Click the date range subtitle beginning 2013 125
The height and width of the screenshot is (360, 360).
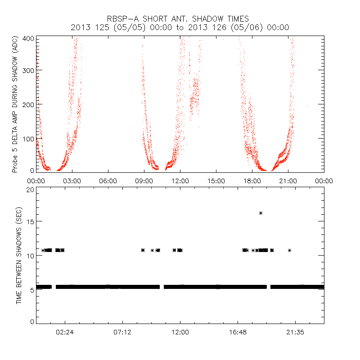click(180, 27)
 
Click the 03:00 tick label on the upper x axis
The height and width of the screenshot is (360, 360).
click(72, 180)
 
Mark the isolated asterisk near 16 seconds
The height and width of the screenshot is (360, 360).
click(261, 213)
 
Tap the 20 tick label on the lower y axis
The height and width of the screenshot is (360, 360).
click(30, 190)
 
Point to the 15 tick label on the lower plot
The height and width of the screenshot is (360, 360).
click(30, 221)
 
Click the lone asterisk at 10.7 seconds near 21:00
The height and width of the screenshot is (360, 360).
click(290, 250)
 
